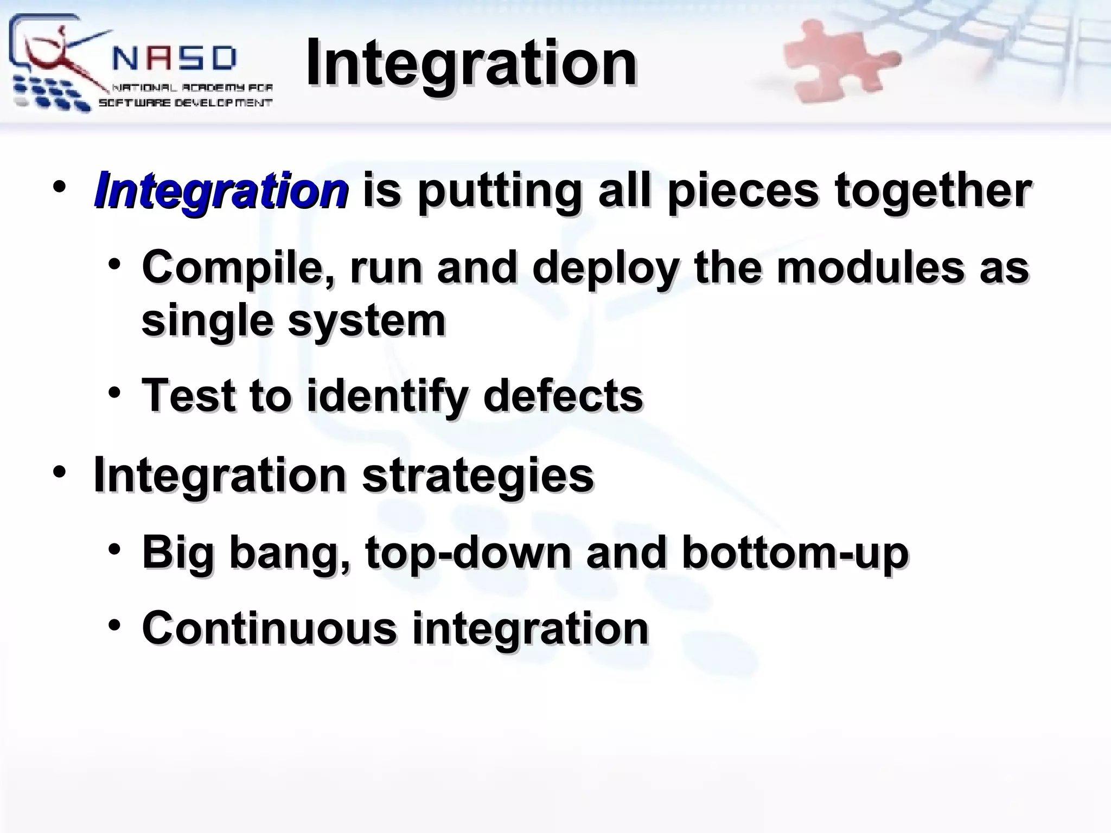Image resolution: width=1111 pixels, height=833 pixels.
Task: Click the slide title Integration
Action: point(471,64)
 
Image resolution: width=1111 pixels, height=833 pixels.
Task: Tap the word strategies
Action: point(478,475)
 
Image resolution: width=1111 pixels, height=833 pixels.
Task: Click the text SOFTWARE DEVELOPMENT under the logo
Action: point(185,103)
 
